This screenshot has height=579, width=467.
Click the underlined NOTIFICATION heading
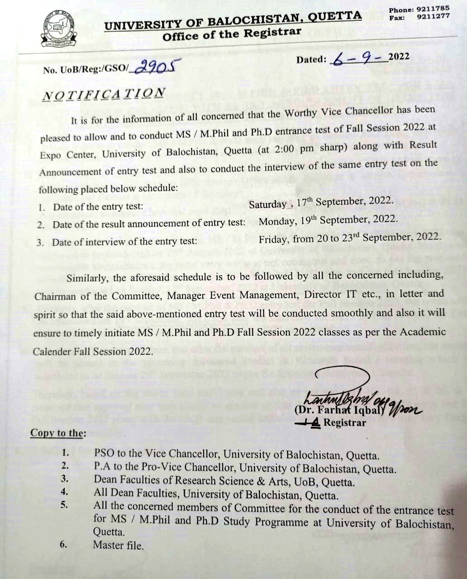pyautogui.click(x=103, y=94)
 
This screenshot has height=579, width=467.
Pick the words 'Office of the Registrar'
pyautogui.click(x=232, y=34)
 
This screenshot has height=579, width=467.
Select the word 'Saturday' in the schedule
pyautogui.click(x=267, y=204)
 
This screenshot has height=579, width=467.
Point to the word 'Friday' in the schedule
pyautogui.click(x=273, y=238)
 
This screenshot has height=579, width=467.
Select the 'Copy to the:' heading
pyautogui.click(x=57, y=433)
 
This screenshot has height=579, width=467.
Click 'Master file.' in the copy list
pyautogui.click(x=118, y=545)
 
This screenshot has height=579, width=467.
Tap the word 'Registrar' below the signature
pyautogui.click(x=345, y=423)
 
